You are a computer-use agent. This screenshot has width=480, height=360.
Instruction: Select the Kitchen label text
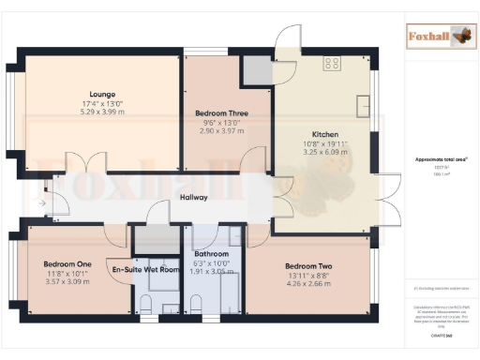pyautogui.click(x=324, y=134)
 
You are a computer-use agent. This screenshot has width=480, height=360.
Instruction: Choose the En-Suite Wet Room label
pyautogui.click(x=144, y=270)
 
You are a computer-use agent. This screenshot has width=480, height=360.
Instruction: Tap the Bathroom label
pyautogui.click(x=211, y=254)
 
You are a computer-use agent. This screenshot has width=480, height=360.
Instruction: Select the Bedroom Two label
pyautogui.click(x=308, y=265)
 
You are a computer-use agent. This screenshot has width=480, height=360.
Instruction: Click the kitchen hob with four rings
pyautogui.click(x=332, y=63)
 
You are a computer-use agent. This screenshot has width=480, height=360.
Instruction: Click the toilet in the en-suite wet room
pyautogui.click(x=147, y=302)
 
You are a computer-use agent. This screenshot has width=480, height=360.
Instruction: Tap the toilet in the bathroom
pyautogui.click(x=197, y=302)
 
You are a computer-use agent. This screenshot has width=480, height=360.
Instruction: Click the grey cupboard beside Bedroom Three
pyautogui.click(x=254, y=68)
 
